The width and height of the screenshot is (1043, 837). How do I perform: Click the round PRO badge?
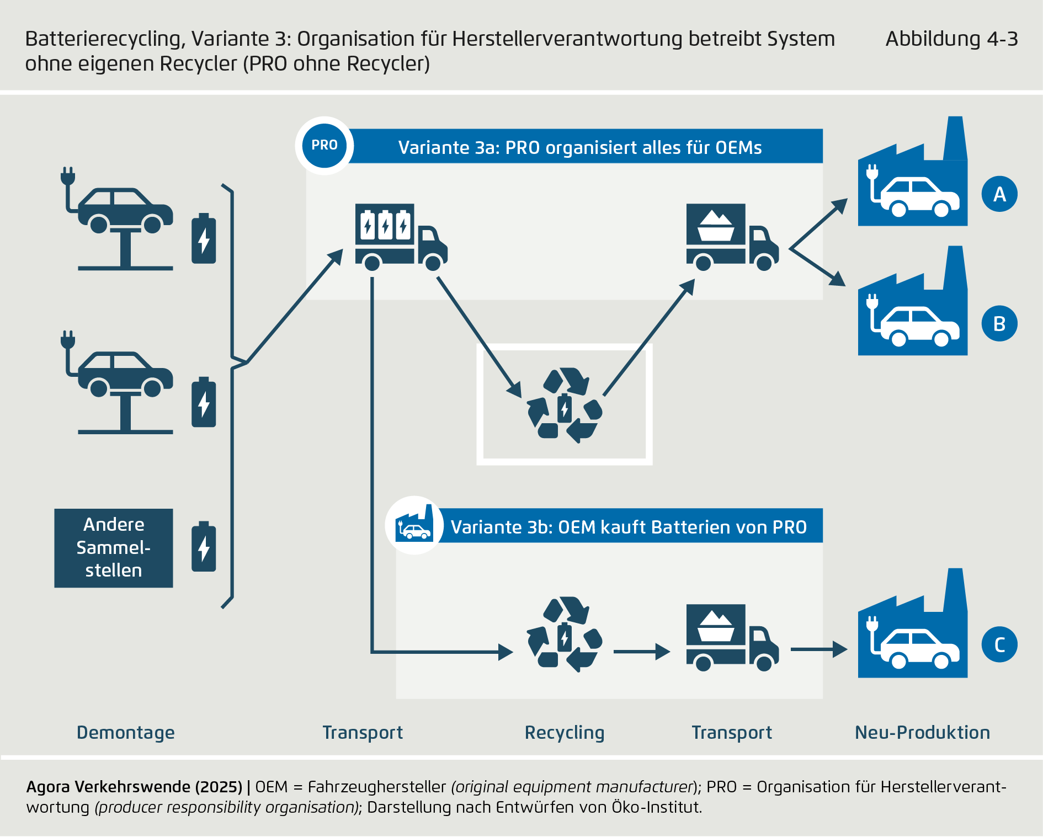tap(324, 146)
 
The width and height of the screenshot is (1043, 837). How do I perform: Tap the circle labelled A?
tap(999, 194)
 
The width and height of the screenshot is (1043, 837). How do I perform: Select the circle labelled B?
tap(999, 323)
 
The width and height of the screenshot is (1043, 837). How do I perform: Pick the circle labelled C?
tap(999, 644)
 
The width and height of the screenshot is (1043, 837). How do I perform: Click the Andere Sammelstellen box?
tap(114, 548)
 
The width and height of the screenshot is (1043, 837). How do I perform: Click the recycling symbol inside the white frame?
tap(565, 406)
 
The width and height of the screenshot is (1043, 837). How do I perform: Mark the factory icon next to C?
tap(913, 629)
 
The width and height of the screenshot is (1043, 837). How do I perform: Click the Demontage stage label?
tap(125, 733)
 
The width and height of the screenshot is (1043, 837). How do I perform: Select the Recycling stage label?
tap(565, 733)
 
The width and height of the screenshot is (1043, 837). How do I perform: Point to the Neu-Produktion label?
tap(922, 733)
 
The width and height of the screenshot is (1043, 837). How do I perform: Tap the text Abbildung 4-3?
tap(951, 39)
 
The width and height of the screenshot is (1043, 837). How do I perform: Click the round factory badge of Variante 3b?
tap(414, 526)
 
